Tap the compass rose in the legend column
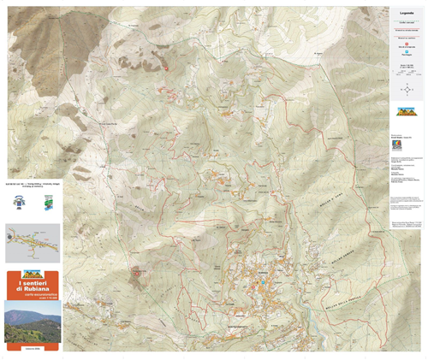click(407, 88)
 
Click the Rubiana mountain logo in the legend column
click(407, 111)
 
